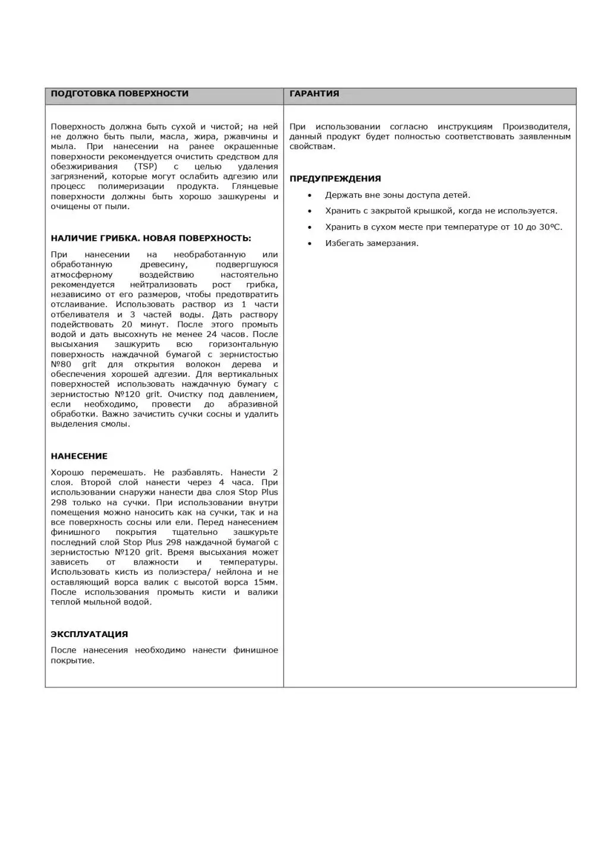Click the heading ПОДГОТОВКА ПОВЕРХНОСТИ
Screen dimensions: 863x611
coord(119,93)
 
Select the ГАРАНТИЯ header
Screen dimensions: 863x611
coord(314,93)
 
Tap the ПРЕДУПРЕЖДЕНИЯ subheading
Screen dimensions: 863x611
coord(335,178)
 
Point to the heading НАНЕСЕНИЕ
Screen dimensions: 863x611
coord(79,456)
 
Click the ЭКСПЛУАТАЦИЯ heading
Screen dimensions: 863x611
coord(89,634)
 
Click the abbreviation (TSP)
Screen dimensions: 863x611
coord(146,166)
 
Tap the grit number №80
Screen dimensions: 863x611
coord(61,364)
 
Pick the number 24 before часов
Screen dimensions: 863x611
coord(212,334)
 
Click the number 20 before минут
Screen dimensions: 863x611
coord(127,325)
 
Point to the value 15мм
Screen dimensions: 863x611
coord(265,582)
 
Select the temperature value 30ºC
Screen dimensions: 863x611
coord(550,227)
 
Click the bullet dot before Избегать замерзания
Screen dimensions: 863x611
coord(310,243)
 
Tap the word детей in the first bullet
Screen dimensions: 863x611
coord(456,195)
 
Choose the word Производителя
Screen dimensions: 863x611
coord(536,127)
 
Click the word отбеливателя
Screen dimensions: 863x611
coord(80,314)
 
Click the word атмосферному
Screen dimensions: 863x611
coord(81,275)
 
